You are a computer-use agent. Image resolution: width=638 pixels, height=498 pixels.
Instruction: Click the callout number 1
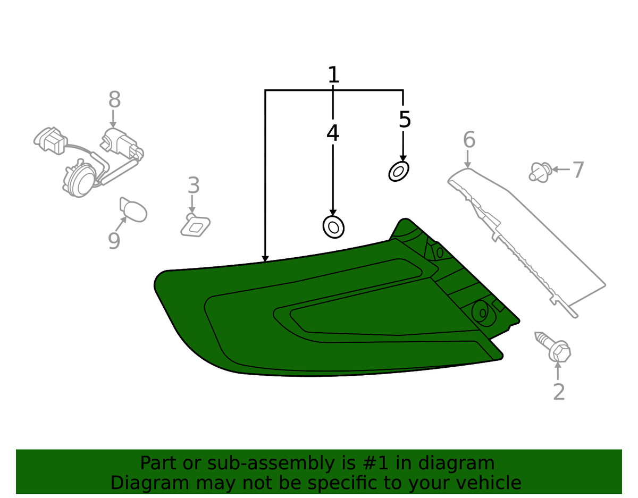(333, 75)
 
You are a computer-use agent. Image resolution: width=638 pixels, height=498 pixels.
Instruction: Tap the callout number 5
(405, 120)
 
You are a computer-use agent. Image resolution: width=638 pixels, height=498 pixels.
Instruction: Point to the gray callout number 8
(114, 100)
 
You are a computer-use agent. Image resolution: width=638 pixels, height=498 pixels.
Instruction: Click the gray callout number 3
(194, 186)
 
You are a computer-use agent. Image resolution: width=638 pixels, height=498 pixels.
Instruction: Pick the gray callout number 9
(114, 241)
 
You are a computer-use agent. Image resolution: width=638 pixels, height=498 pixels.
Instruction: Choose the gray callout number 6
(469, 140)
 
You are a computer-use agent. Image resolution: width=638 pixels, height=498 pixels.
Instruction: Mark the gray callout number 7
(577, 170)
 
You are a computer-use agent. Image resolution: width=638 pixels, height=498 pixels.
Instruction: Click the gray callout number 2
(559, 392)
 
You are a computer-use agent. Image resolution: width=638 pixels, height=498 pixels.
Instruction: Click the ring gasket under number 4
(333, 227)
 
